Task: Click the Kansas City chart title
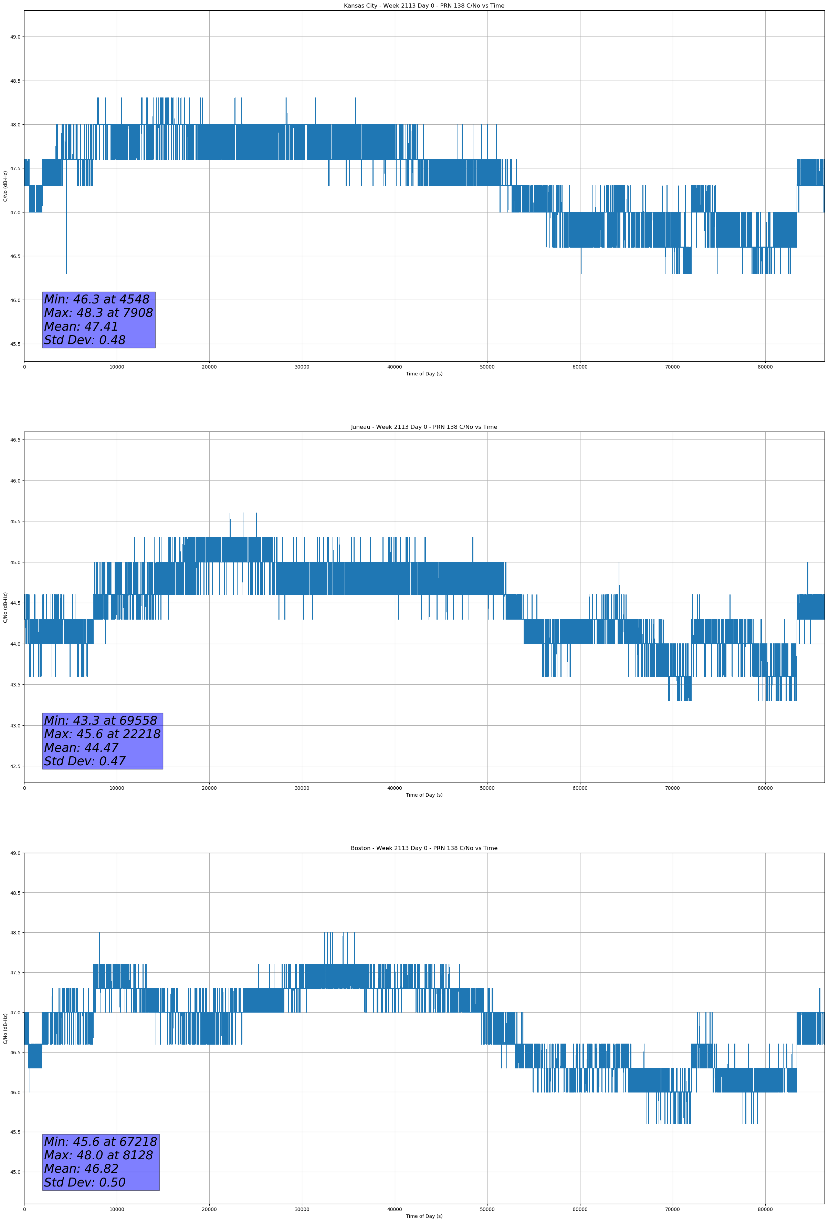[424, 6]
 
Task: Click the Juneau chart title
[424, 427]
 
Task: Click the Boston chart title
[424, 848]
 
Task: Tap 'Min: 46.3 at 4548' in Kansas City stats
[97, 299]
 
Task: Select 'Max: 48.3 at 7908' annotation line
[98, 313]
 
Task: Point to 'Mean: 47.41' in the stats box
[81, 327]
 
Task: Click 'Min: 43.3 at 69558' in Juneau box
[101, 721]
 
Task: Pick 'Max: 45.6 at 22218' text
[102, 734]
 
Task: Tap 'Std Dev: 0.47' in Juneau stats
[85, 762]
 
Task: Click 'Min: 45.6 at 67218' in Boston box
[101, 1141]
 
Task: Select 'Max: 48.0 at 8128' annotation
[98, 1155]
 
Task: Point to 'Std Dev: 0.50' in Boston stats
[85, 1182]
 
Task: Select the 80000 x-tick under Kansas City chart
[765, 367]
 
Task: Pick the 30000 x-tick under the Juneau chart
[302, 788]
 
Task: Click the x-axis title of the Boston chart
[424, 1216]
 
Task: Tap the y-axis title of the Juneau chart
[5, 607]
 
